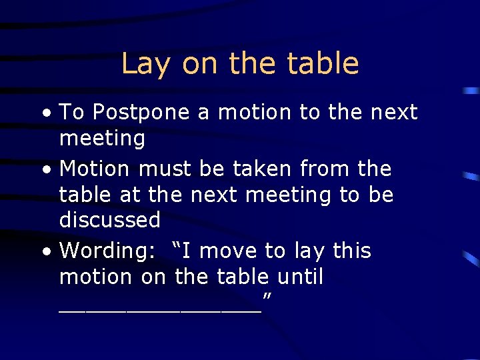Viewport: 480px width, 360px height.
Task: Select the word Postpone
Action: pos(141,113)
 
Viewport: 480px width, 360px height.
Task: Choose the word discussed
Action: pos(110,220)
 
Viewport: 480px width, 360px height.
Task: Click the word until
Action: pos(298,277)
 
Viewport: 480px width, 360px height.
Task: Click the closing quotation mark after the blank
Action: pos(267,295)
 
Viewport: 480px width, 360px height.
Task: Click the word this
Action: pos(351,251)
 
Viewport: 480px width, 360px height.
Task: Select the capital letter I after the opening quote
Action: pos(188,251)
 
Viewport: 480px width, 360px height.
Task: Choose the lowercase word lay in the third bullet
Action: pos(309,252)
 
